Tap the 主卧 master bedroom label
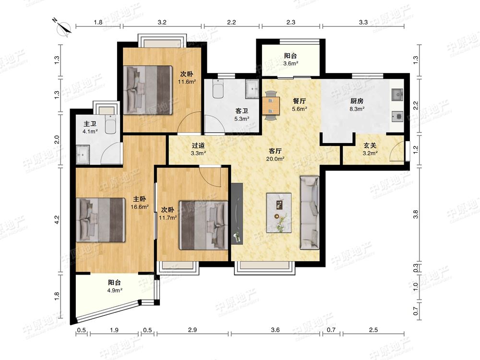(139, 199)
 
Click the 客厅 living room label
(275, 151)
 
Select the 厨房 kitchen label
(357, 101)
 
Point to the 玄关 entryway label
(370, 146)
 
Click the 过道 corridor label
(198, 146)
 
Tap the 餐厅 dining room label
(299, 101)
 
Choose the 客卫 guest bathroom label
(241, 111)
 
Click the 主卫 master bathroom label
(90, 124)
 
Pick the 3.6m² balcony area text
(290, 64)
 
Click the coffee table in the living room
(278, 213)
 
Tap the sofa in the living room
(310, 213)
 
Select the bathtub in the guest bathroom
(217, 89)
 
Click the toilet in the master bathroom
(110, 124)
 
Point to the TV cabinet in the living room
(237, 214)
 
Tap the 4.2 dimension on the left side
(57, 219)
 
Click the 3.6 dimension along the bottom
(275, 330)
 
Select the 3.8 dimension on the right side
(415, 214)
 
